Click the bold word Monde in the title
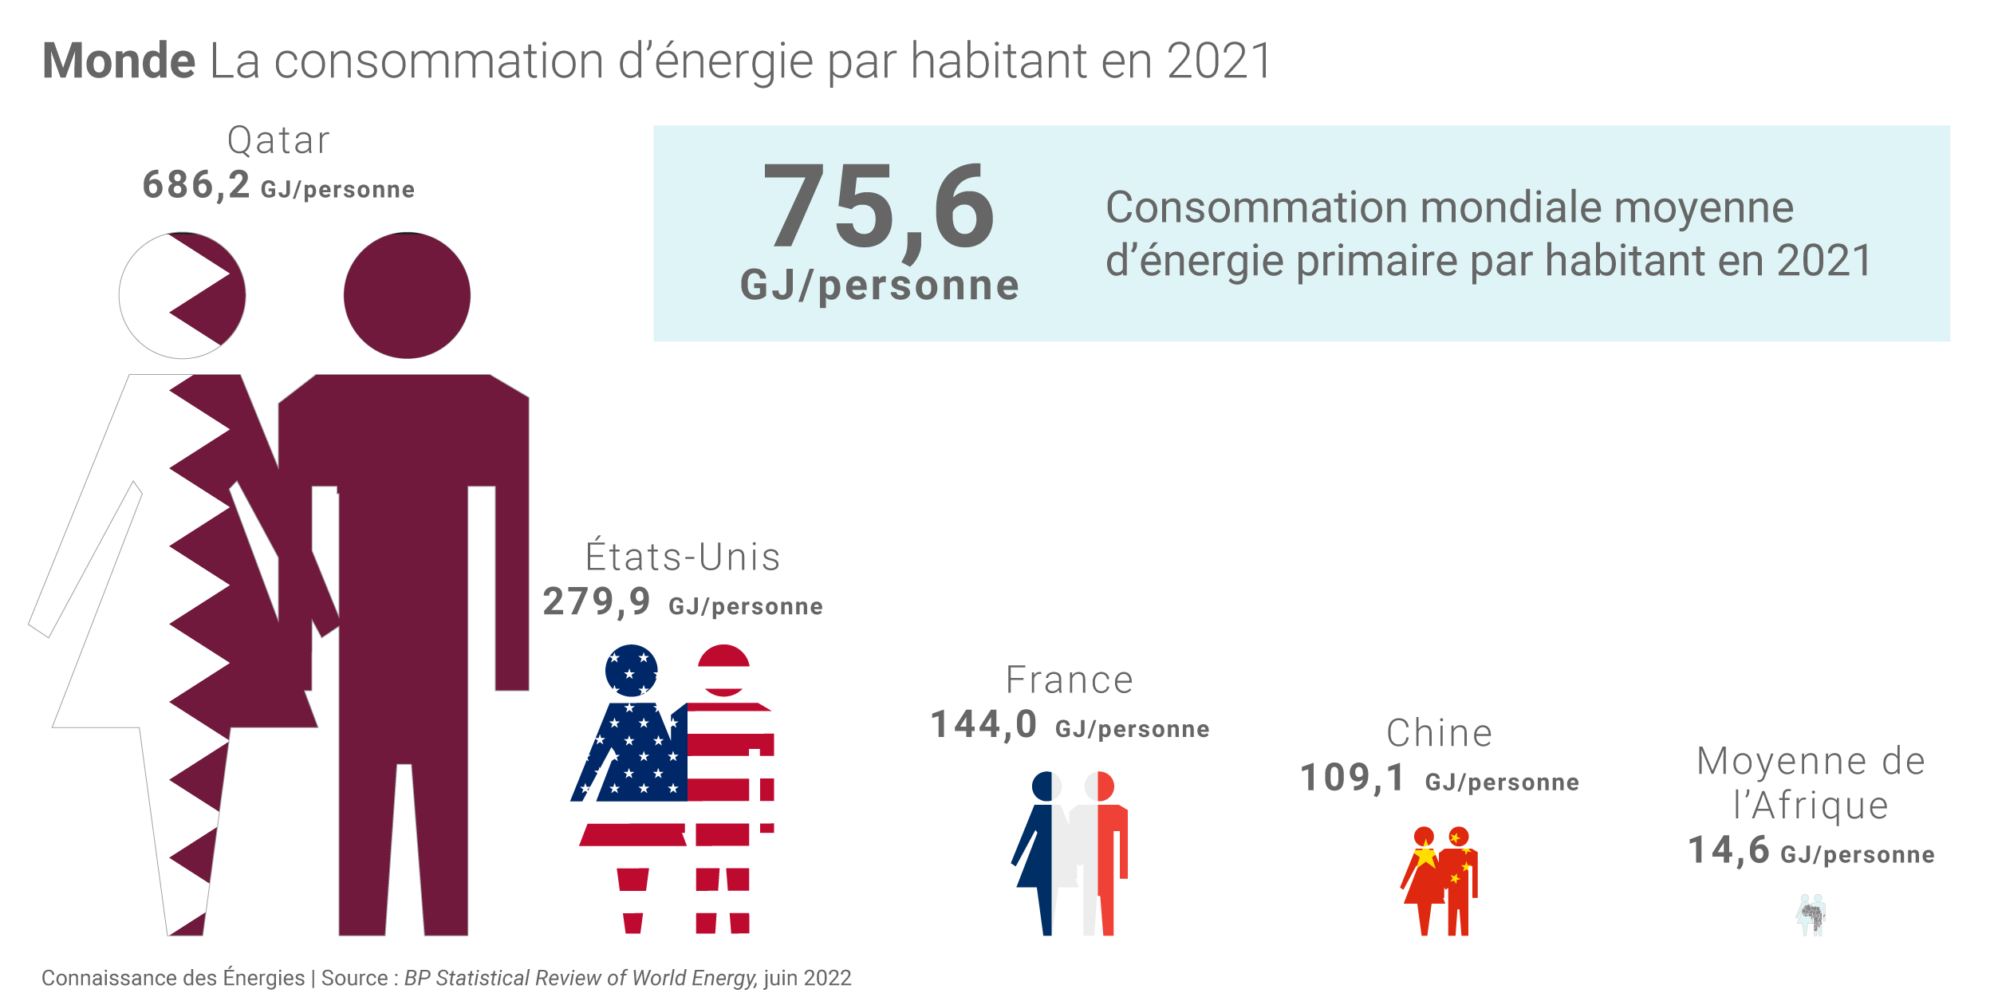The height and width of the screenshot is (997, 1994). tap(119, 61)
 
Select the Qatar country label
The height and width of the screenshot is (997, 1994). tap(278, 141)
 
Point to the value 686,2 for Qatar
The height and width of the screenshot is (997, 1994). tap(196, 186)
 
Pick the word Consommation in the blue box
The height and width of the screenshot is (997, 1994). tap(1256, 208)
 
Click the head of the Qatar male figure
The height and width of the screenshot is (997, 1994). tap(407, 295)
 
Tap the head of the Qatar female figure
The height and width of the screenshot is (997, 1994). tap(182, 295)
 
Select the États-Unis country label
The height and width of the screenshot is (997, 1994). tap(683, 558)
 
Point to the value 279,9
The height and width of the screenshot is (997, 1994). tap(597, 602)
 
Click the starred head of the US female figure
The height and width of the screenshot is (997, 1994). tap(631, 671)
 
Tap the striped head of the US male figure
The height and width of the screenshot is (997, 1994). tap(723, 671)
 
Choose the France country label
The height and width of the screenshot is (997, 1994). tap(1070, 680)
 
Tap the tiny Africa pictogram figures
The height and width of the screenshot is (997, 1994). tap(1812, 916)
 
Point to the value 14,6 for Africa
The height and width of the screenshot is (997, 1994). tap(1729, 851)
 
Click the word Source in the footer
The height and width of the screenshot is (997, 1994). tap(354, 978)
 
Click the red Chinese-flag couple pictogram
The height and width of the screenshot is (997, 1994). tap(1440, 881)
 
